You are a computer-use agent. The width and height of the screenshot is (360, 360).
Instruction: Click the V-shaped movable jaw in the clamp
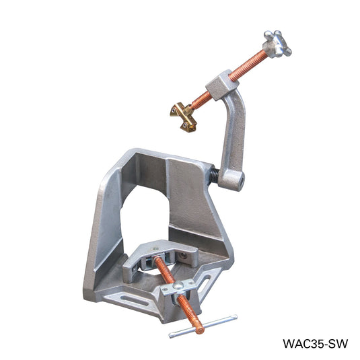(x=161, y=255)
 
